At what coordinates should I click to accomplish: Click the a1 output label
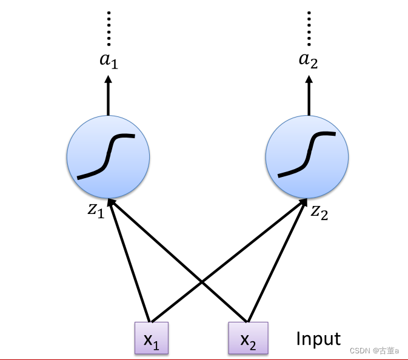pyautogui.click(x=109, y=61)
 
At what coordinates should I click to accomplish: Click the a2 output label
pyautogui.click(x=309, y=61)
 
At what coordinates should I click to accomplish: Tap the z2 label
pyautogui.click(x=319, y=212)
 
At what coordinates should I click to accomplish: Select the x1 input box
pyautogui.click(x=152, y=338)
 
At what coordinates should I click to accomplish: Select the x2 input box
pyautogui.click(x=247, y=338)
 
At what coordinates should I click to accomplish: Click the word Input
pyautogui.click(x=318, y=338)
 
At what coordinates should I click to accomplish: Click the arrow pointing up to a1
pyautogui.click(x=109, y=97)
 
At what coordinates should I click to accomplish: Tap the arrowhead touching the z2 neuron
pyautogui.click(x=306, y=202)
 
